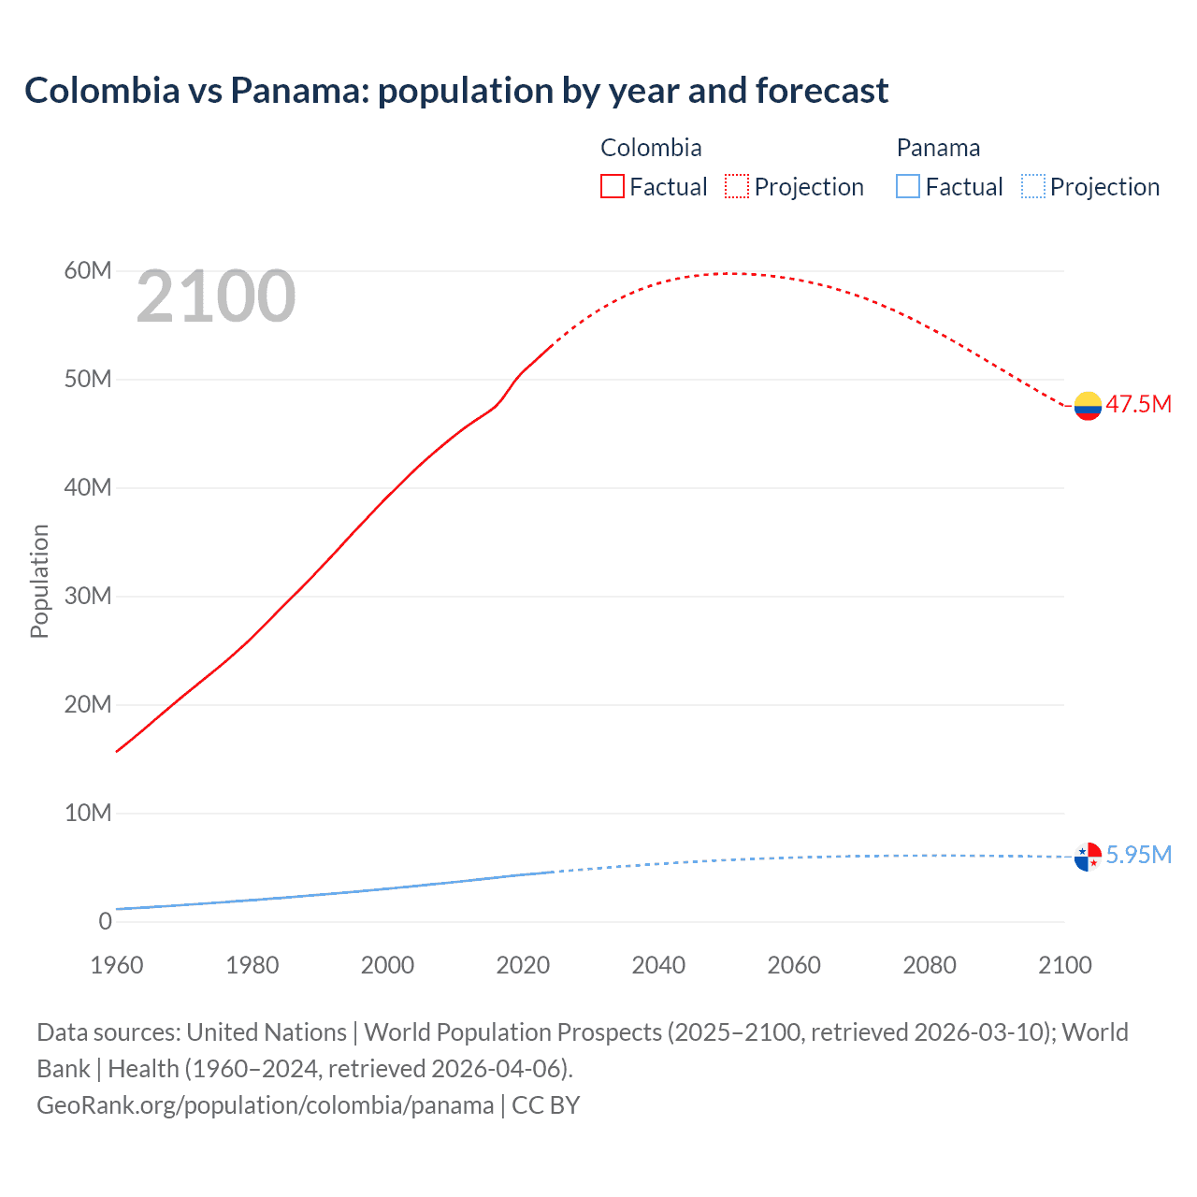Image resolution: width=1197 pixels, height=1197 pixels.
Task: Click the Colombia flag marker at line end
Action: coord(1088,406)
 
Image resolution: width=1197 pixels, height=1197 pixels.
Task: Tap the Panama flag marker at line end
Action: coord(1088,857)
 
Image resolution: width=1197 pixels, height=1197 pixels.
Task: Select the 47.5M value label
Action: coord(1138,404)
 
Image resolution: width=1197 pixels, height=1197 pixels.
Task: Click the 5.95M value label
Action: coord(1138,855)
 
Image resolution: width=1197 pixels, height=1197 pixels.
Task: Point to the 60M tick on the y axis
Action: coord(88,271)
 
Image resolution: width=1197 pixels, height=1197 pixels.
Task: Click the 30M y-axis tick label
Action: coord(88,596)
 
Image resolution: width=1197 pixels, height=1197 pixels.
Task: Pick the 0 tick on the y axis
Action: coord(105,921)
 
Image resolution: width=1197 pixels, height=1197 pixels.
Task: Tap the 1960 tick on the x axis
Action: coord(117,965)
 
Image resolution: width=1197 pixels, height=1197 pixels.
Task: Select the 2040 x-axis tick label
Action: coord(658,965)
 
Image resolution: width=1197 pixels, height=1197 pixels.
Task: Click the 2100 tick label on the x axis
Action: coord(1064,965)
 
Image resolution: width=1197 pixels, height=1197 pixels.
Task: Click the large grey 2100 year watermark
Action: coord(216,297)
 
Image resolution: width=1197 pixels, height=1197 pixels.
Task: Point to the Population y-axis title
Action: coord(39,581)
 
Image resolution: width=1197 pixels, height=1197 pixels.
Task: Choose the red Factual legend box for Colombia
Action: coord(612,186)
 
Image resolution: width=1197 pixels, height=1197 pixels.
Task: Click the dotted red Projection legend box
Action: coord(737,186)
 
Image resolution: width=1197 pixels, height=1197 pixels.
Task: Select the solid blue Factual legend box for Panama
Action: coord(908,186)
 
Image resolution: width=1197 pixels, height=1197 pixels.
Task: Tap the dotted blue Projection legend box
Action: coord(1032,186)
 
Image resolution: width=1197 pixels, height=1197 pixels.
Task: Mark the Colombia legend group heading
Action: coord(651,148)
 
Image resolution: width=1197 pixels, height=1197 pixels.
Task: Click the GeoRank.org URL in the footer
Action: coord(265,1104)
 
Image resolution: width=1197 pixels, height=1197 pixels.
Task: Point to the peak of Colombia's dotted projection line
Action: coord(734,273)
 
